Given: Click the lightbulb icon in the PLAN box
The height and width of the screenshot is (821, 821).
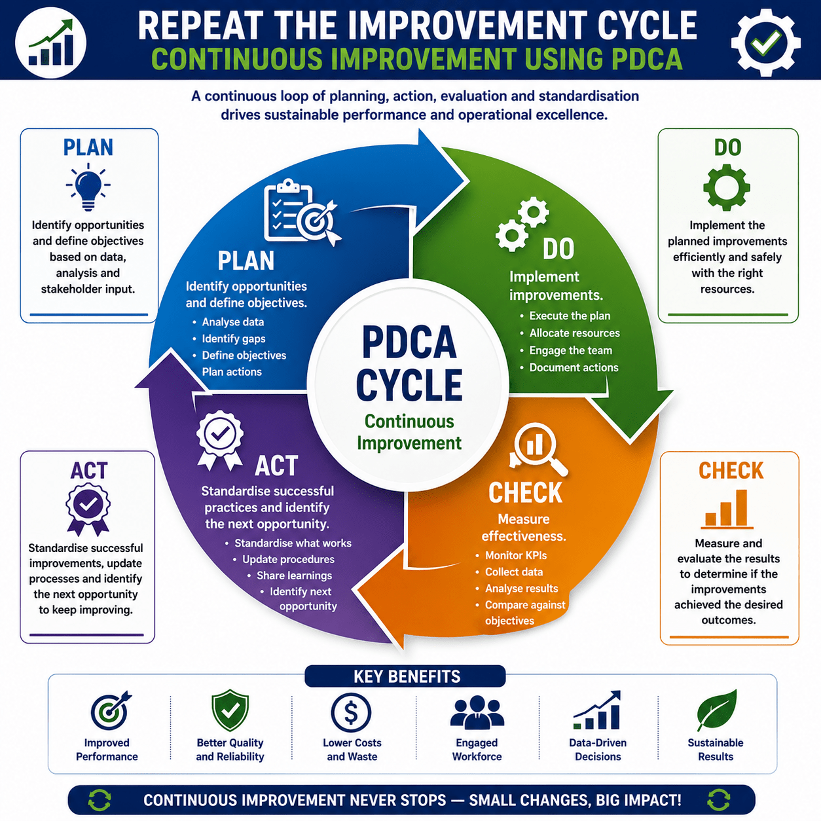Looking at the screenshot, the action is (x=88, y=187).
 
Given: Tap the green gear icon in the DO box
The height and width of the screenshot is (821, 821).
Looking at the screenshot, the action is (x=727, y=187).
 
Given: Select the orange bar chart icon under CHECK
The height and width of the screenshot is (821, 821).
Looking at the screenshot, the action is (x=727, y=509).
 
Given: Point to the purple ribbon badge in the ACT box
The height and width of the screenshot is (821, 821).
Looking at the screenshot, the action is (x=88, y=509).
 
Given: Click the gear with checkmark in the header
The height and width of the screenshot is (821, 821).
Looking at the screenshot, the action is (x=765, y=42).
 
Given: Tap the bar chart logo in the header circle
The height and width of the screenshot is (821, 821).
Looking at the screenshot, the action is (x=50, y=43).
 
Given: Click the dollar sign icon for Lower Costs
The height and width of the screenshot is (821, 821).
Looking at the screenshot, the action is (x=351, y=713).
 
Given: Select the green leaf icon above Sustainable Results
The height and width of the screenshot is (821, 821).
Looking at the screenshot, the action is (x=716, y=710).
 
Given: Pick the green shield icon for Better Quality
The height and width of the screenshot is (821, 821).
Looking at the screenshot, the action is (x=230, y=710).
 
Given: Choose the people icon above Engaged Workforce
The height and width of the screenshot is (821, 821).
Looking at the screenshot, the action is (x=477, y=712).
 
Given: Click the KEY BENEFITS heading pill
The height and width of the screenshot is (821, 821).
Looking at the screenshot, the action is (x=405, y=676).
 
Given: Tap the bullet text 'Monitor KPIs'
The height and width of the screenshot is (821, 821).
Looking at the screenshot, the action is (x=516, y=556).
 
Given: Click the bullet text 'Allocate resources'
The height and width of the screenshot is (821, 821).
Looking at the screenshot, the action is (x=574, y=333).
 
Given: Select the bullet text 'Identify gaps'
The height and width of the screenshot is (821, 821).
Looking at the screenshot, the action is (x=234, y=338).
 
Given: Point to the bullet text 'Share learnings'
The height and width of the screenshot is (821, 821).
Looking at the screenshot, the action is (x=294, y=575).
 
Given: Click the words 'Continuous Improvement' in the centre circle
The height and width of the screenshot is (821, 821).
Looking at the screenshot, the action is (x=409, y=432).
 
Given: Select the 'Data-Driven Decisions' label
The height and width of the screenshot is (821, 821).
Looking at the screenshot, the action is (x=598, y=750).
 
